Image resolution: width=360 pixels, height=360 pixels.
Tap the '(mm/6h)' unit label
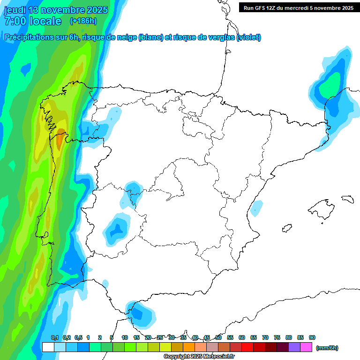(327, 348)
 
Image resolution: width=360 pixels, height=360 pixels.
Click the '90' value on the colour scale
(312, 337)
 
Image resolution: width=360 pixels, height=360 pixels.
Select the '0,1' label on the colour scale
(54, 337)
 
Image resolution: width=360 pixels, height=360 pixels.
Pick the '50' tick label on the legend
(218, 337)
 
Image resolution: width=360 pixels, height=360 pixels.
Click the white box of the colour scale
(48, 347)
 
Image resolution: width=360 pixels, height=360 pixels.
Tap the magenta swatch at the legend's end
(306, 347)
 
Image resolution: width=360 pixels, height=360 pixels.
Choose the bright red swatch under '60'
(247, 347)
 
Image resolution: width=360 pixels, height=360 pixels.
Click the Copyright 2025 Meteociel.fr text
(199, 357)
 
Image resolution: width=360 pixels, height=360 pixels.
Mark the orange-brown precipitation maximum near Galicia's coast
(60, 140)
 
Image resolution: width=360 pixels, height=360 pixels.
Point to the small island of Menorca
(347, 199)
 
